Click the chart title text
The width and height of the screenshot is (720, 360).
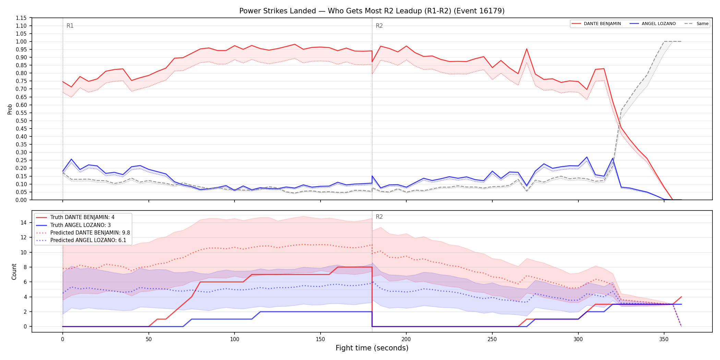click(372, 11)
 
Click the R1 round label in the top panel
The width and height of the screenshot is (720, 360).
click(70, 26)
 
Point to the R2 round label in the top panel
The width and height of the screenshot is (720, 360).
click(379, 26)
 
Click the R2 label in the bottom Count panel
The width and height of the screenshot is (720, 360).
click(379, 217)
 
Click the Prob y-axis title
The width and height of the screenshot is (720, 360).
click(10, 109)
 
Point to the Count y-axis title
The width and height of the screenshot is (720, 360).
click(14, 272)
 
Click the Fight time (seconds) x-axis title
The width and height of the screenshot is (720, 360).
click(372, 348)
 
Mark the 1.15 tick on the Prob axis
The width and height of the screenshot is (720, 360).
click(21, 18)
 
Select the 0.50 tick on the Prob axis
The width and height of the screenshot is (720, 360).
click(21, 121)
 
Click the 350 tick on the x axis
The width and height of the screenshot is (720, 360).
click(664, 339)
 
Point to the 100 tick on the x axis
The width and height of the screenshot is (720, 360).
click(235, 339)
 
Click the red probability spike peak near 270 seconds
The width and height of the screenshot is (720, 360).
click(527, 49)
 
